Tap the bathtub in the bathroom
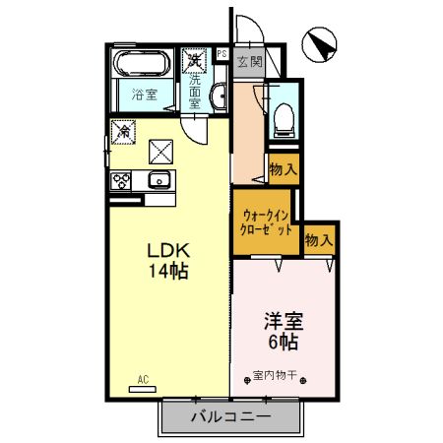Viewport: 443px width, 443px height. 144,67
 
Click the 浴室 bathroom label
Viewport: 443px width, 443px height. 144,96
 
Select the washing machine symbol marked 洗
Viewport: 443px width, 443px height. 196,61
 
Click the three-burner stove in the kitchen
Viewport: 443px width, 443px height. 122,181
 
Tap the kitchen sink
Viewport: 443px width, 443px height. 158,180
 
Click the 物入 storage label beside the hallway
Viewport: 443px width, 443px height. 283,169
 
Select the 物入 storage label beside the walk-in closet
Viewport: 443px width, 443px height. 319,239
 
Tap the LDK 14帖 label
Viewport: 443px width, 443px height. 167,259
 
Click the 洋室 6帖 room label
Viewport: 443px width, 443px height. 282,330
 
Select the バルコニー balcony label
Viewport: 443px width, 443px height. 229,417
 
